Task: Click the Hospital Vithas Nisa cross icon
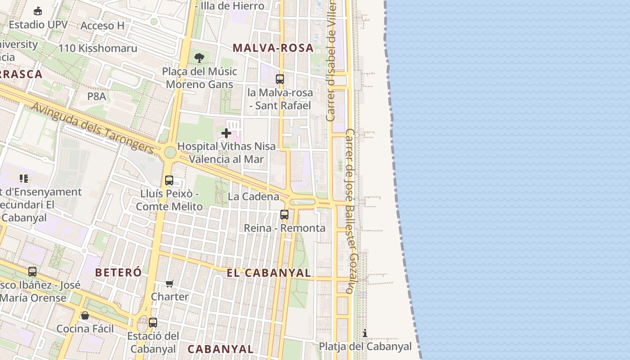226,133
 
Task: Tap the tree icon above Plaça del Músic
199,58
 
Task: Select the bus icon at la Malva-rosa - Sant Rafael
280,79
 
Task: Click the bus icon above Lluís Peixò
169,180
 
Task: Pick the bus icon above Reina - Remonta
284,215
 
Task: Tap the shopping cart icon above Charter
170,283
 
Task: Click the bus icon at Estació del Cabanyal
153,323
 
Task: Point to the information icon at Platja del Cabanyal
365,333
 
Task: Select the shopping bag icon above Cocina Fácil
85,315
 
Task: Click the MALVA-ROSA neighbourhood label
273,48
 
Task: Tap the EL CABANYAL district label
269,273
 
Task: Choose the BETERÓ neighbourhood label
118,272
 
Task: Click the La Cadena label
253,197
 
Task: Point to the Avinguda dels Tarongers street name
93,128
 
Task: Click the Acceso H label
102,26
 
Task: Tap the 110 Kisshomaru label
98,48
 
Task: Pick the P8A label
96,96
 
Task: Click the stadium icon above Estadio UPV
38,11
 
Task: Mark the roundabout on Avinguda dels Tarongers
170,152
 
